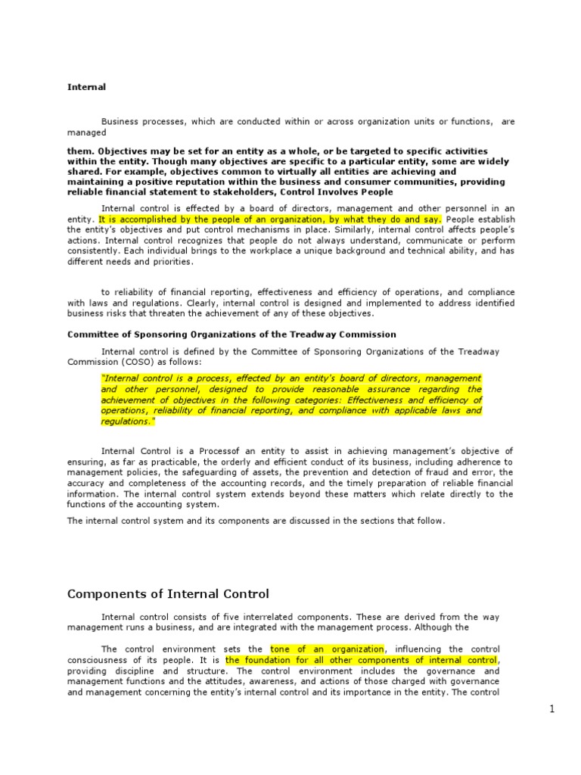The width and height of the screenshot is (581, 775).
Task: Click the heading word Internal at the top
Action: [x=86, y=87]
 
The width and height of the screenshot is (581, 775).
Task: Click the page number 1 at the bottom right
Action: [x=552, y=708]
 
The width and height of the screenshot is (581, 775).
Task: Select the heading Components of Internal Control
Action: [x=168, y=594]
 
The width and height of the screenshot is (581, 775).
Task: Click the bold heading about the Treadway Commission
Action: [x=231, y=334]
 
